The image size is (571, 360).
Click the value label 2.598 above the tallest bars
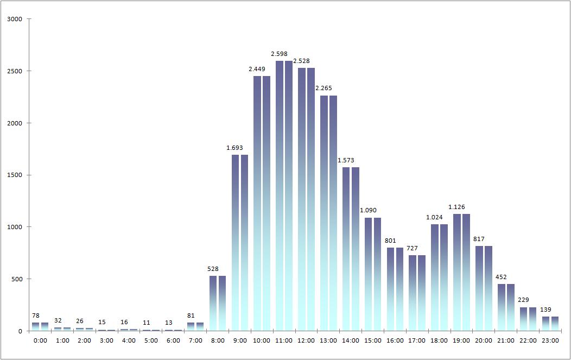280,54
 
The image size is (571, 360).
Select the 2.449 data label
257,69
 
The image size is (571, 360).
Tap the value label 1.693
235,148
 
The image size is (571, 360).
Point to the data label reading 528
213,269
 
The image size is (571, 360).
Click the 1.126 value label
456,207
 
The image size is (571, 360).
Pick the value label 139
545,310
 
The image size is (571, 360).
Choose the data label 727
413,248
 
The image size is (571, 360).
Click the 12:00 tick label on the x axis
306,340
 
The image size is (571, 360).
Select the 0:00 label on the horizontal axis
40,340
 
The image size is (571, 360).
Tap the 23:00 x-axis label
550,340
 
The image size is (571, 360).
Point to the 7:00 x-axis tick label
195,340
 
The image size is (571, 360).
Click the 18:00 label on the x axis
439,340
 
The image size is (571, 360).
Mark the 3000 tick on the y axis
15,19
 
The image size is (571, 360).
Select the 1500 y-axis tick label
15,175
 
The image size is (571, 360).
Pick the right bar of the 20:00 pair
488,288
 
